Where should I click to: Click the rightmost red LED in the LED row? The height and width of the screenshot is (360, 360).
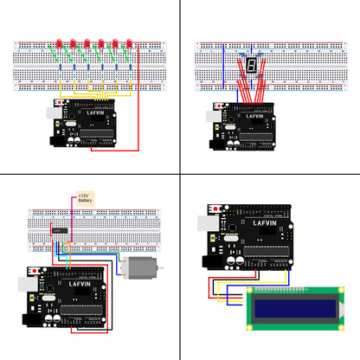130,42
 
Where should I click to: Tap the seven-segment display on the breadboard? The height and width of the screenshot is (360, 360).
250,64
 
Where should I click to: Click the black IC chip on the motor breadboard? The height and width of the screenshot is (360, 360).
60,231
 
